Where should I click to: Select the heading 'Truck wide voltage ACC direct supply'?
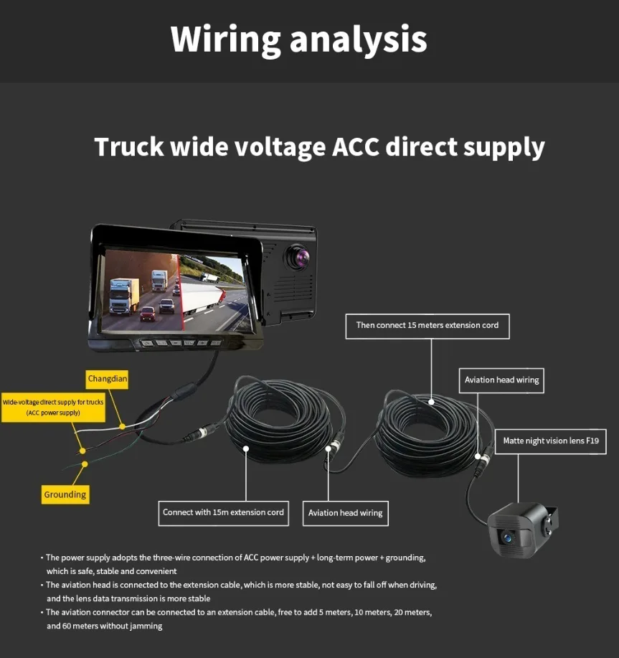tap(319, 147)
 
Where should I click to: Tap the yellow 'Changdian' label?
tap(108, 378)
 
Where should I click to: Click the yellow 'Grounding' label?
tap(65, 494)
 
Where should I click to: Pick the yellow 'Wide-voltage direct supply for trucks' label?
tap(54, 407)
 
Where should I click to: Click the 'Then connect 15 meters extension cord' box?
tap(427, 325)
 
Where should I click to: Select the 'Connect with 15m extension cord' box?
tap(223, 512)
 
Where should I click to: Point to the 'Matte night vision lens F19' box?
tap(550, 441)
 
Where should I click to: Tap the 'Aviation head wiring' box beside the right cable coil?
tap(501, 380)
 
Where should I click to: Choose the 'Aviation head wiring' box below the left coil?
tap(345, 512)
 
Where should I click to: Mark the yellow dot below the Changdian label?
tap(122, 426)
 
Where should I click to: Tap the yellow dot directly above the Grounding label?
tap(85, 464)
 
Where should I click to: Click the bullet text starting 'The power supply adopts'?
tap(237, 564)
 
